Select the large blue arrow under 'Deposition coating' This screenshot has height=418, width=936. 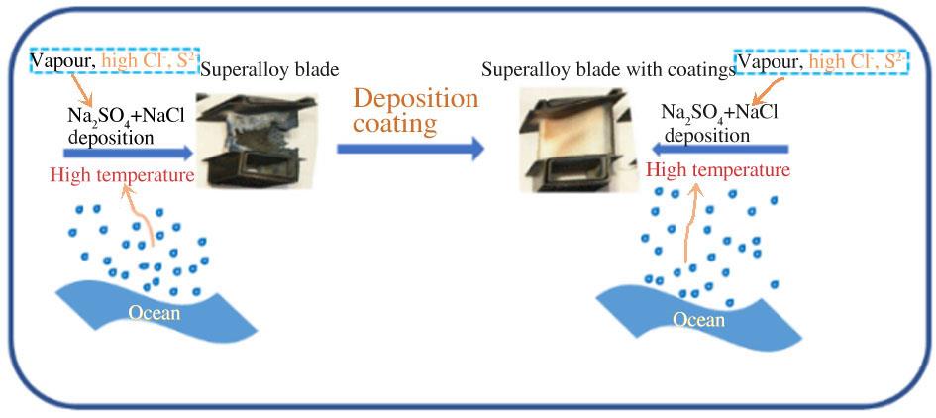410,149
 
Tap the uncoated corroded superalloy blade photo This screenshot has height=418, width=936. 257,141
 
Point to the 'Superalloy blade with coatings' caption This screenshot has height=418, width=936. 609,70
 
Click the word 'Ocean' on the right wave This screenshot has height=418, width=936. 699,320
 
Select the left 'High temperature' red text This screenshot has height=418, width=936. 123,175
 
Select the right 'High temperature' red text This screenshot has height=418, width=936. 719,170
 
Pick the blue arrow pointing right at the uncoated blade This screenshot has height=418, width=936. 129,153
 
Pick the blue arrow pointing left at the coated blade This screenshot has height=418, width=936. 720,149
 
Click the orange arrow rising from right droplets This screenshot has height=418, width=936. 690,224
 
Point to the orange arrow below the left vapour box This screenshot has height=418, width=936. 82,90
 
